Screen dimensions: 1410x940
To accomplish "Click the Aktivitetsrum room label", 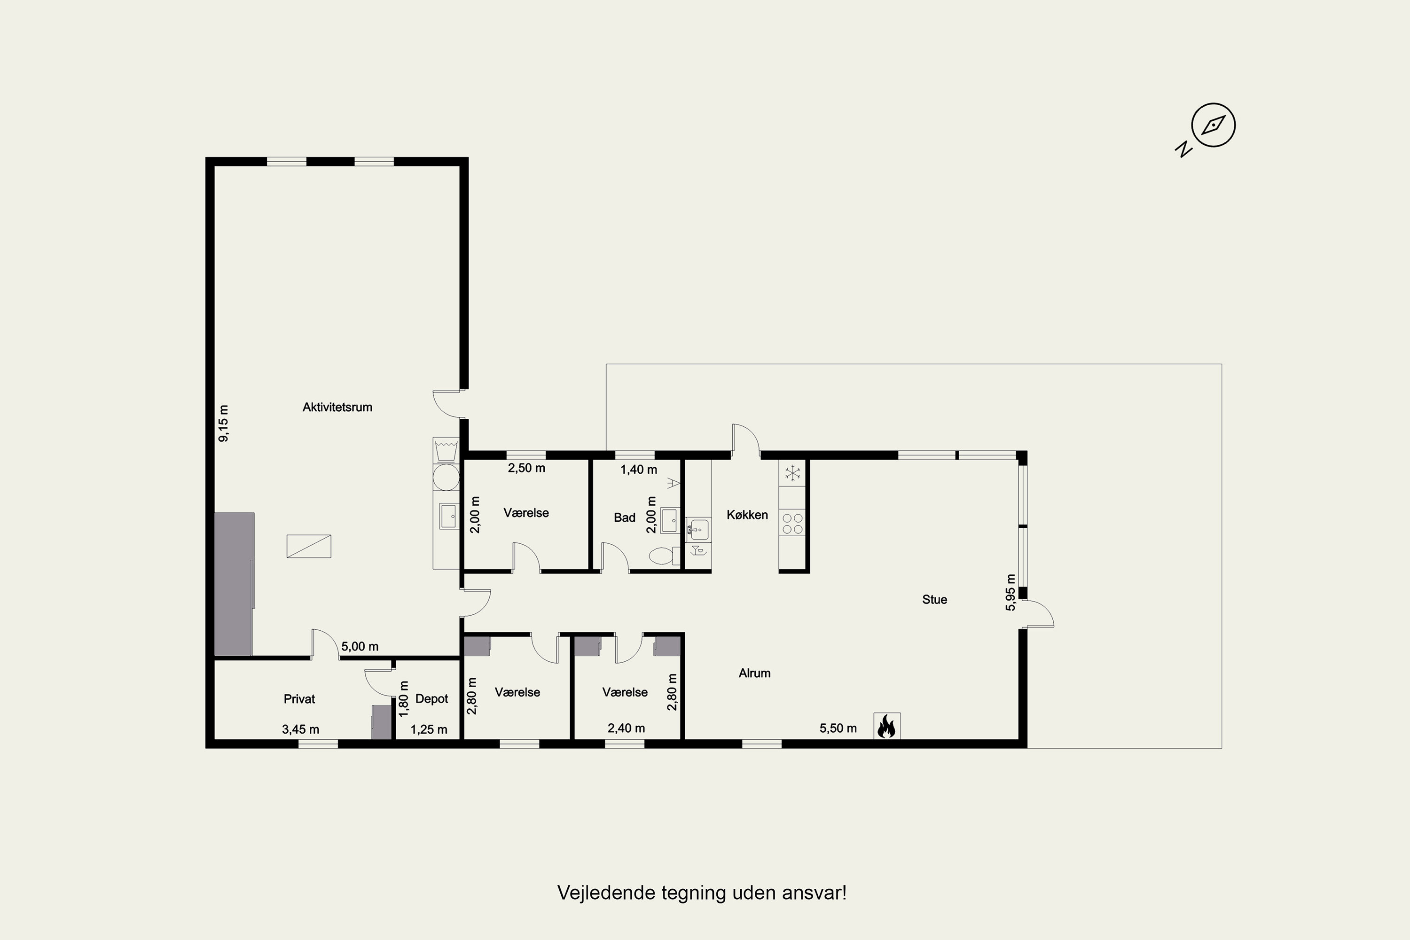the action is pyautogui.click(x=337, y=407).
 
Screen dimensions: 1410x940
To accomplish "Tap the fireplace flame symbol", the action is pyautogui.click(x=886, y=726).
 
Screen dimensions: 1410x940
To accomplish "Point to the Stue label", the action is pyautogui.click(x=935, y=600).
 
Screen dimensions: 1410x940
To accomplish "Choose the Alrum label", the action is pyautogui.click(x=754, y=673).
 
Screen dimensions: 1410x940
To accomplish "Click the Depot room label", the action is pyautogui.click(x=431, y=699).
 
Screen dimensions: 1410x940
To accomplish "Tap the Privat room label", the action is pyautogui.click(x=299, y=699).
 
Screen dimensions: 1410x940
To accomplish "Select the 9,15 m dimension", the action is pyautogui.click(x=224, y=424).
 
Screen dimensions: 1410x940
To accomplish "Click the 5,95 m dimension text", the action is pyautogui.click(x=1011, y=592).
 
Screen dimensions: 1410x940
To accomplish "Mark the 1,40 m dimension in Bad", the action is pyautogui.click(x=638, y=470).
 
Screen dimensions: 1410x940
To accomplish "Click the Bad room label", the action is pyautogui.click(x=625, y=518).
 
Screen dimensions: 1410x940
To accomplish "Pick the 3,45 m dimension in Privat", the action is pyautogui.click(x=300, y=729).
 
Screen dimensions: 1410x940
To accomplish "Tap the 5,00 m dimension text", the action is pyautogui.click(x=360, y=647).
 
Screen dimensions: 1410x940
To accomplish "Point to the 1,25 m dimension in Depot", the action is pyautogui.click(x=429, y=729).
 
